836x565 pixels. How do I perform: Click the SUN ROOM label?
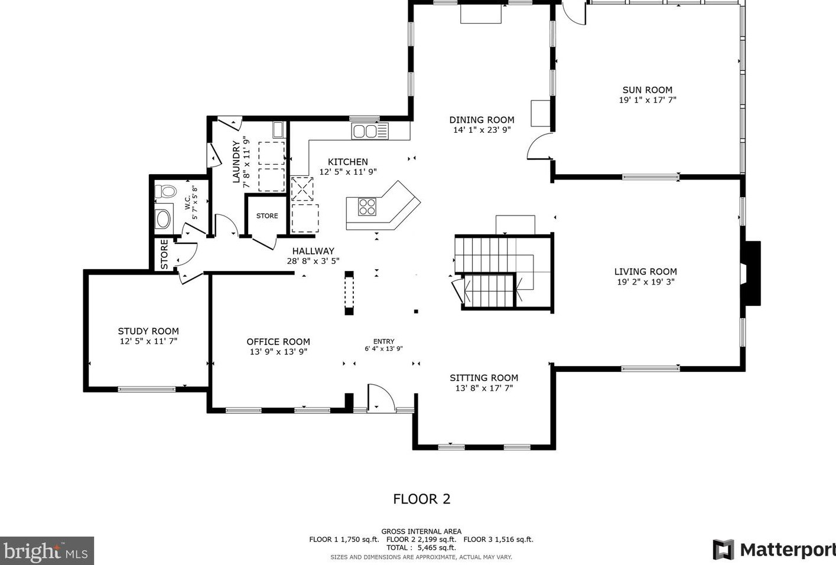tap(647, 90)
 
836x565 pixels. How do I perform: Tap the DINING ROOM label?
tap(482, 120)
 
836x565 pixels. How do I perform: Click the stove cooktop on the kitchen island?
tap(367, 207)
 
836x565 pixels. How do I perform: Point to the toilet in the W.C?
tap(165, 192)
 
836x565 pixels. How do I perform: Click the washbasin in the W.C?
tap(164, 218)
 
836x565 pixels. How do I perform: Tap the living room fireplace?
tap(750, 273)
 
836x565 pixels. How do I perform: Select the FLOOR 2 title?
tap(422, 499)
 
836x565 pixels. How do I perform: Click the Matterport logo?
tap(774, 550)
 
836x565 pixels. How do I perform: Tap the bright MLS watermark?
tap(47, 551)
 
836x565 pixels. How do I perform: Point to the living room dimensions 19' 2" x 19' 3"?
tap(646, 282)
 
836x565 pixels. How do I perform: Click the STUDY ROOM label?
tap(148, 331)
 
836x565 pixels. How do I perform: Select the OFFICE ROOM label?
tap(278, 342)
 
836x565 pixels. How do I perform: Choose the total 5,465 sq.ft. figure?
tap(437, 547)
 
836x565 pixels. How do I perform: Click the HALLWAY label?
tap(313, 251)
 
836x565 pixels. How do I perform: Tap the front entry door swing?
tap(380, 397)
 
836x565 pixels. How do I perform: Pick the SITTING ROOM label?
tap(484, 378)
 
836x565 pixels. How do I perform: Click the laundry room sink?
tap(278, 129)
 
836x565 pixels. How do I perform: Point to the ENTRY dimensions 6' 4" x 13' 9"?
tap(383, 349)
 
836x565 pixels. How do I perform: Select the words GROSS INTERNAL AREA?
tap(421, 531)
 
